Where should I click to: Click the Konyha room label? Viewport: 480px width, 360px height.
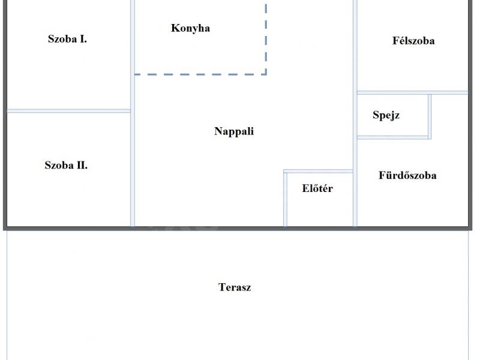click(190, 28)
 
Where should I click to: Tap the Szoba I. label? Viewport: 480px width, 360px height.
click(67, 39)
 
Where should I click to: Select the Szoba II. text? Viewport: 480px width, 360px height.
click(66, 166)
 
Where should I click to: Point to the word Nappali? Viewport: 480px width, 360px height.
click(234, 131)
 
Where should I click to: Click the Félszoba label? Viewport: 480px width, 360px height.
click(413, 41)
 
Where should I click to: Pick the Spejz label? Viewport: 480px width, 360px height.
click(386, 115)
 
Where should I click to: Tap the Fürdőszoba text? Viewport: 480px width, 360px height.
click(407, 175)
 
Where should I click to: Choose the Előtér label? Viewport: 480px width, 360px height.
click(317, 188)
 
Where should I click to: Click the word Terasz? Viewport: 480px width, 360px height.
click(235, 287)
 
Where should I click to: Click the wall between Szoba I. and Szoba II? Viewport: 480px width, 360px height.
click(69, 111)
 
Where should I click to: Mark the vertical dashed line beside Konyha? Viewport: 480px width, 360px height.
click(266, 39)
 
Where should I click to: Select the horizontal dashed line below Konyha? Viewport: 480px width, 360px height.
click(200, 74)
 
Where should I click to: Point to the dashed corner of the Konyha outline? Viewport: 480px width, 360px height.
click(266, 74)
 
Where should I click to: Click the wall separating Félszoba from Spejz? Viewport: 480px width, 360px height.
click(412, 92)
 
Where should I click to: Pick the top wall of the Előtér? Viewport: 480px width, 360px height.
click(319, 171)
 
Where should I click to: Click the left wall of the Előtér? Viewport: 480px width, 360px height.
click(286, 199)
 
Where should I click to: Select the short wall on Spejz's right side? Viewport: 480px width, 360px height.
click(430, 116)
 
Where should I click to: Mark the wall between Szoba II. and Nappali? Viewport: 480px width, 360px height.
click(133, 169)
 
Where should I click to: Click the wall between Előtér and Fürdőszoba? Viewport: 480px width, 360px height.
click(355, 199)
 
